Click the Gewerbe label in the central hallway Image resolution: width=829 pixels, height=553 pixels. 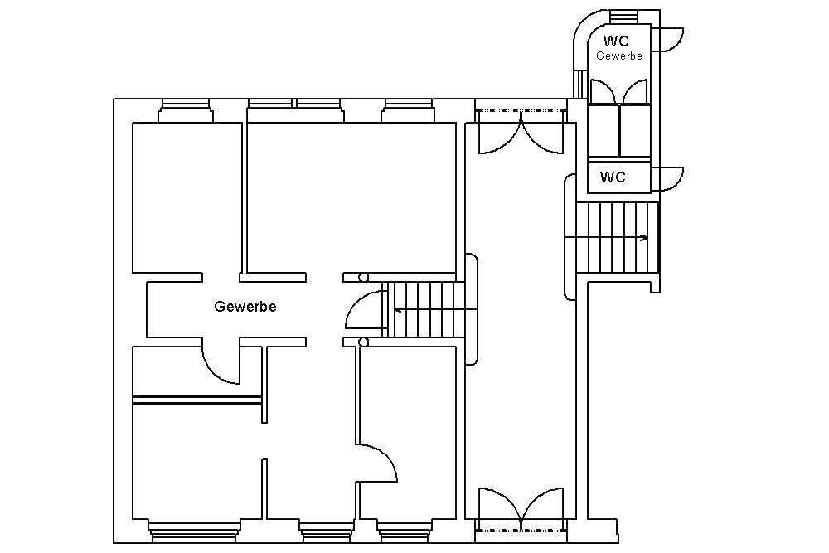(245, 307)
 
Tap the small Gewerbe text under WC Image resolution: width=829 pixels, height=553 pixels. (619, 56)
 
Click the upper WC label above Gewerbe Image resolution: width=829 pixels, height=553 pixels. (616, 41)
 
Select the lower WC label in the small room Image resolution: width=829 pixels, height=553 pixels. (613, 177)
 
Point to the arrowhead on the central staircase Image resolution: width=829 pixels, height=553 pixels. (398, 310)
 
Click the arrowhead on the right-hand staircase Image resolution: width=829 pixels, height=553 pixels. (644, 238)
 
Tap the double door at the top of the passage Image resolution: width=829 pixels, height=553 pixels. (521, 132)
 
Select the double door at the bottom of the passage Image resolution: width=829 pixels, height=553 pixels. (521, 507)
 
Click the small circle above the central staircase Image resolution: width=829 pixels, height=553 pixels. (363, 277)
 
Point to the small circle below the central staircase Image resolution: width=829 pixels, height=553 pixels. (363, 342)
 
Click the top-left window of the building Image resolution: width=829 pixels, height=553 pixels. (185, 110)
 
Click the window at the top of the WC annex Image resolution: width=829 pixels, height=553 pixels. (624, 17)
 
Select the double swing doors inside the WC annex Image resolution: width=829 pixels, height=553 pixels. (618, 91)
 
